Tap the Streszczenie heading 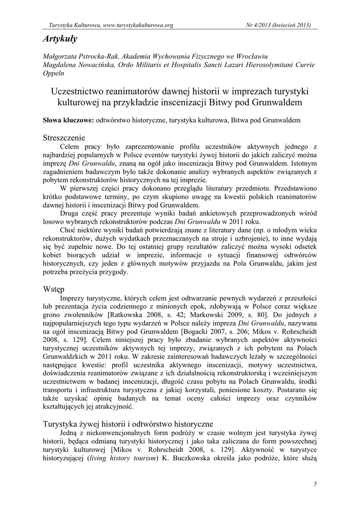pyautogui.click(x=64, y=137)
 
